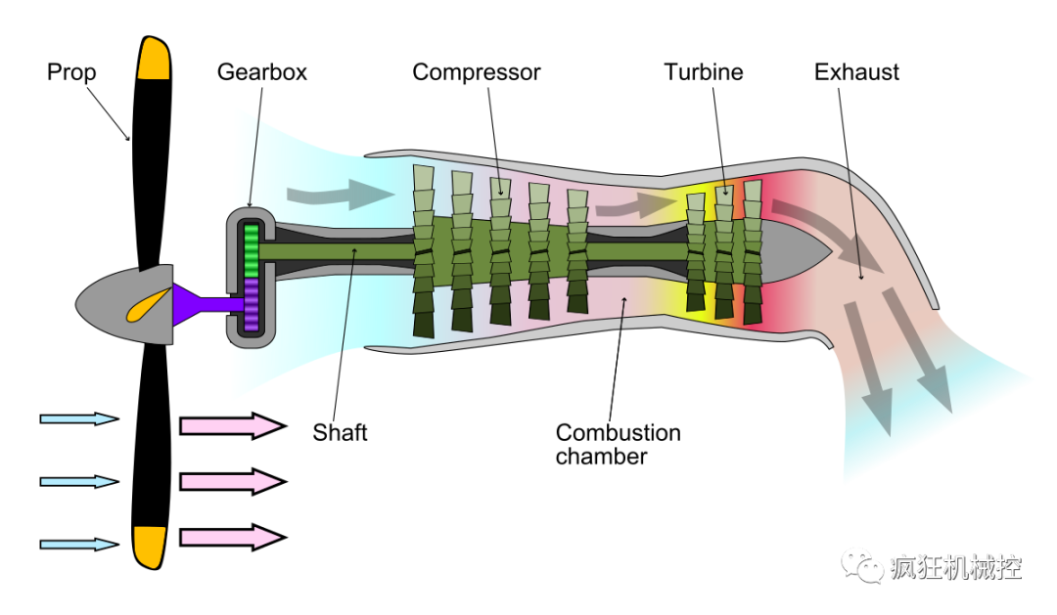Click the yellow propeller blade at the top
coord(154,61)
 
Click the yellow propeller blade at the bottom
coord(150,546)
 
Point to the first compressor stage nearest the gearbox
coord(424,251)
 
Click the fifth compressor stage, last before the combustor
coord(577,251)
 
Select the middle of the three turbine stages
coord(724,252)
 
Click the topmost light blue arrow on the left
coord(77,418)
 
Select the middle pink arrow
coord(231,481)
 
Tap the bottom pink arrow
coord(231,537)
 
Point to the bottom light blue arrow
coord(77,544)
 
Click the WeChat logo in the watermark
coord(862,564)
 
